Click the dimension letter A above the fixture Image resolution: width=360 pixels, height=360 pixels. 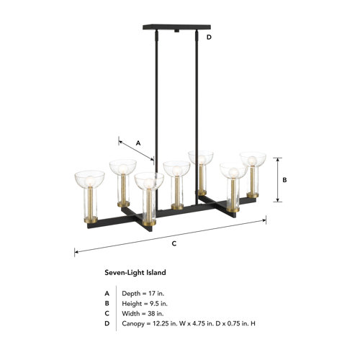pyautogui.click(x=139, y=143)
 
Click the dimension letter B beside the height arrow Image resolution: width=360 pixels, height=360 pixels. pyautogui.click(x=284, y=181)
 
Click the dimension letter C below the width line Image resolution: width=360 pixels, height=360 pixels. pyautogui.click(x=174, y=243)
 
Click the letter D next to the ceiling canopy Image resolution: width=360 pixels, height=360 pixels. pyautogui.click(x=209, y=36)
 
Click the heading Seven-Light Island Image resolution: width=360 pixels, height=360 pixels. pyautogui.click(x=135, y=273)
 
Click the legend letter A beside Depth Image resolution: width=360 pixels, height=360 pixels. pyautogui.click(x=107, y=293)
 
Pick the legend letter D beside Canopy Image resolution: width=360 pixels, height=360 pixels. pyautogui.click(x=107, y=323)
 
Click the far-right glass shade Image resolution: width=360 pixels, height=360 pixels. pyautogui.click(x=252, y=159)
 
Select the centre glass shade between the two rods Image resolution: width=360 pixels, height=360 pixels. pyautogui.click(x=176, y=170)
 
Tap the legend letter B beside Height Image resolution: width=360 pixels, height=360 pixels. pyautogui.click(x=107, y=303)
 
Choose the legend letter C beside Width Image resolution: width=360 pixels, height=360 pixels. pyautogui.click(x=107, y=313)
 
